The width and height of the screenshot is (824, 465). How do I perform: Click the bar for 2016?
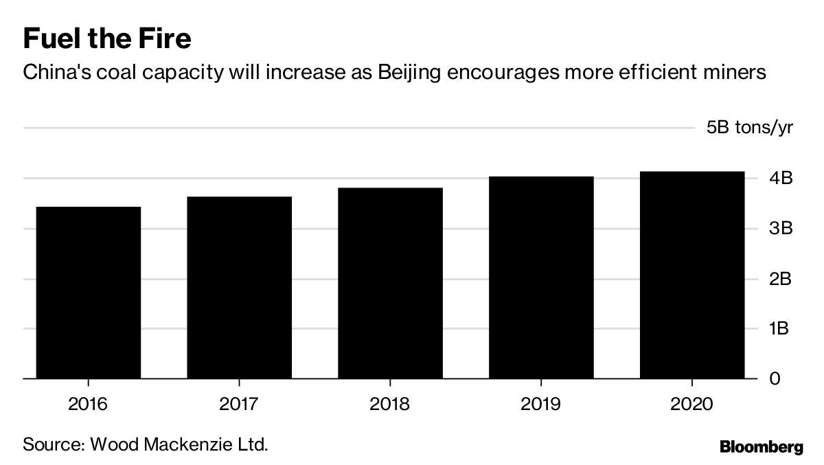[x=89, y=293]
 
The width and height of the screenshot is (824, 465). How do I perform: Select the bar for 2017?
[x=239, y=288]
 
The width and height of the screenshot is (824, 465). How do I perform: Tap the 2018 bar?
[x=390, y=283]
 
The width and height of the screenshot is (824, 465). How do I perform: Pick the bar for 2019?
[x=541, y=277]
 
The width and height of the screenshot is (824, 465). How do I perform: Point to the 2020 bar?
[x=691, y=275]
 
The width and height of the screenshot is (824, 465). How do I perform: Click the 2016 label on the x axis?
[x=89, y=403]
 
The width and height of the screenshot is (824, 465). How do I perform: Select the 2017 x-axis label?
[x=239, y=403]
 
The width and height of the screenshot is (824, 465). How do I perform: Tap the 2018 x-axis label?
[x=390, y=403]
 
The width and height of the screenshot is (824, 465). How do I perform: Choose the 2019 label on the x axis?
[x=541, y=403]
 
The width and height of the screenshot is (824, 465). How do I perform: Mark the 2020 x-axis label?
[x=691, y=403]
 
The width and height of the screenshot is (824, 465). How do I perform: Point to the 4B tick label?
[x=780, y=179]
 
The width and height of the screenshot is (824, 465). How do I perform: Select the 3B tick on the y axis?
[x=780, y=229]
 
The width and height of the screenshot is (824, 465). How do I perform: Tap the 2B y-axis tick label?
[x=780, y=279]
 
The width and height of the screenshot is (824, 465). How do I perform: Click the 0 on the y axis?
[x=774, y=379]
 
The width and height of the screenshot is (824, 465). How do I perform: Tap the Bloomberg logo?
[x=761, y=447]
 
